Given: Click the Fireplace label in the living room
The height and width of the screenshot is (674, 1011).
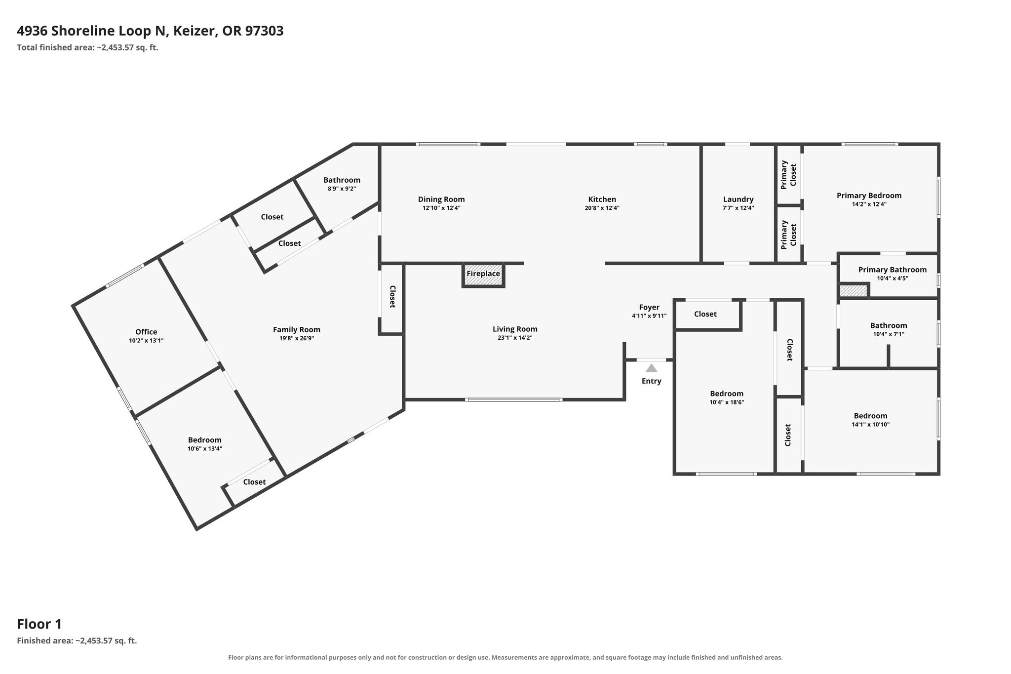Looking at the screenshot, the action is [483, 274].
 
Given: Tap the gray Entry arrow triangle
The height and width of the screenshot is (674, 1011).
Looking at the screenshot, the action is [652, 368].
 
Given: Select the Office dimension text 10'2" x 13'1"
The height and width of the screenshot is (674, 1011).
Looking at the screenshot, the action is [146, 341].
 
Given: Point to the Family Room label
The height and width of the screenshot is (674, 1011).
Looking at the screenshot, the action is [297, 330].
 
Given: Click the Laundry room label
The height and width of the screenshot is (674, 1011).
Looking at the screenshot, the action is [739, 199].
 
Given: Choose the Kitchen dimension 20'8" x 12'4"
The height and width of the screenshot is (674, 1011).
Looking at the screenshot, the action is [602, 208].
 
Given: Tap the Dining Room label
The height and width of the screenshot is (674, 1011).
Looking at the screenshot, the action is [441, 199].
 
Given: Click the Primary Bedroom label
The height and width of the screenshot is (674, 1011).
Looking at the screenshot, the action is [869, 196].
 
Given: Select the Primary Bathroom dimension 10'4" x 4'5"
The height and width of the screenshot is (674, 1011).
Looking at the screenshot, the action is [893, 278].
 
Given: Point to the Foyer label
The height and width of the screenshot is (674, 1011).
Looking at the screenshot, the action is [649, 308].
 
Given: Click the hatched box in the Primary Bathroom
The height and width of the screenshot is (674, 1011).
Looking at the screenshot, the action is [854, 291].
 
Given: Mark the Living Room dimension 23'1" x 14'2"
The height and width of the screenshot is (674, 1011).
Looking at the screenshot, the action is [515, 338].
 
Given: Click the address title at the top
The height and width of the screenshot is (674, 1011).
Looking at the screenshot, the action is [150, 31].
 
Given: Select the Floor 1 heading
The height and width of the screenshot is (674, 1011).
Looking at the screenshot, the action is [39, 624].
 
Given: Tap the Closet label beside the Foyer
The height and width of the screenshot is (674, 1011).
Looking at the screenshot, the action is [705, 314].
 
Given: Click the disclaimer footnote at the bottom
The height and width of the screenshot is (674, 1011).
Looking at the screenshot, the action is [505, 658].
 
